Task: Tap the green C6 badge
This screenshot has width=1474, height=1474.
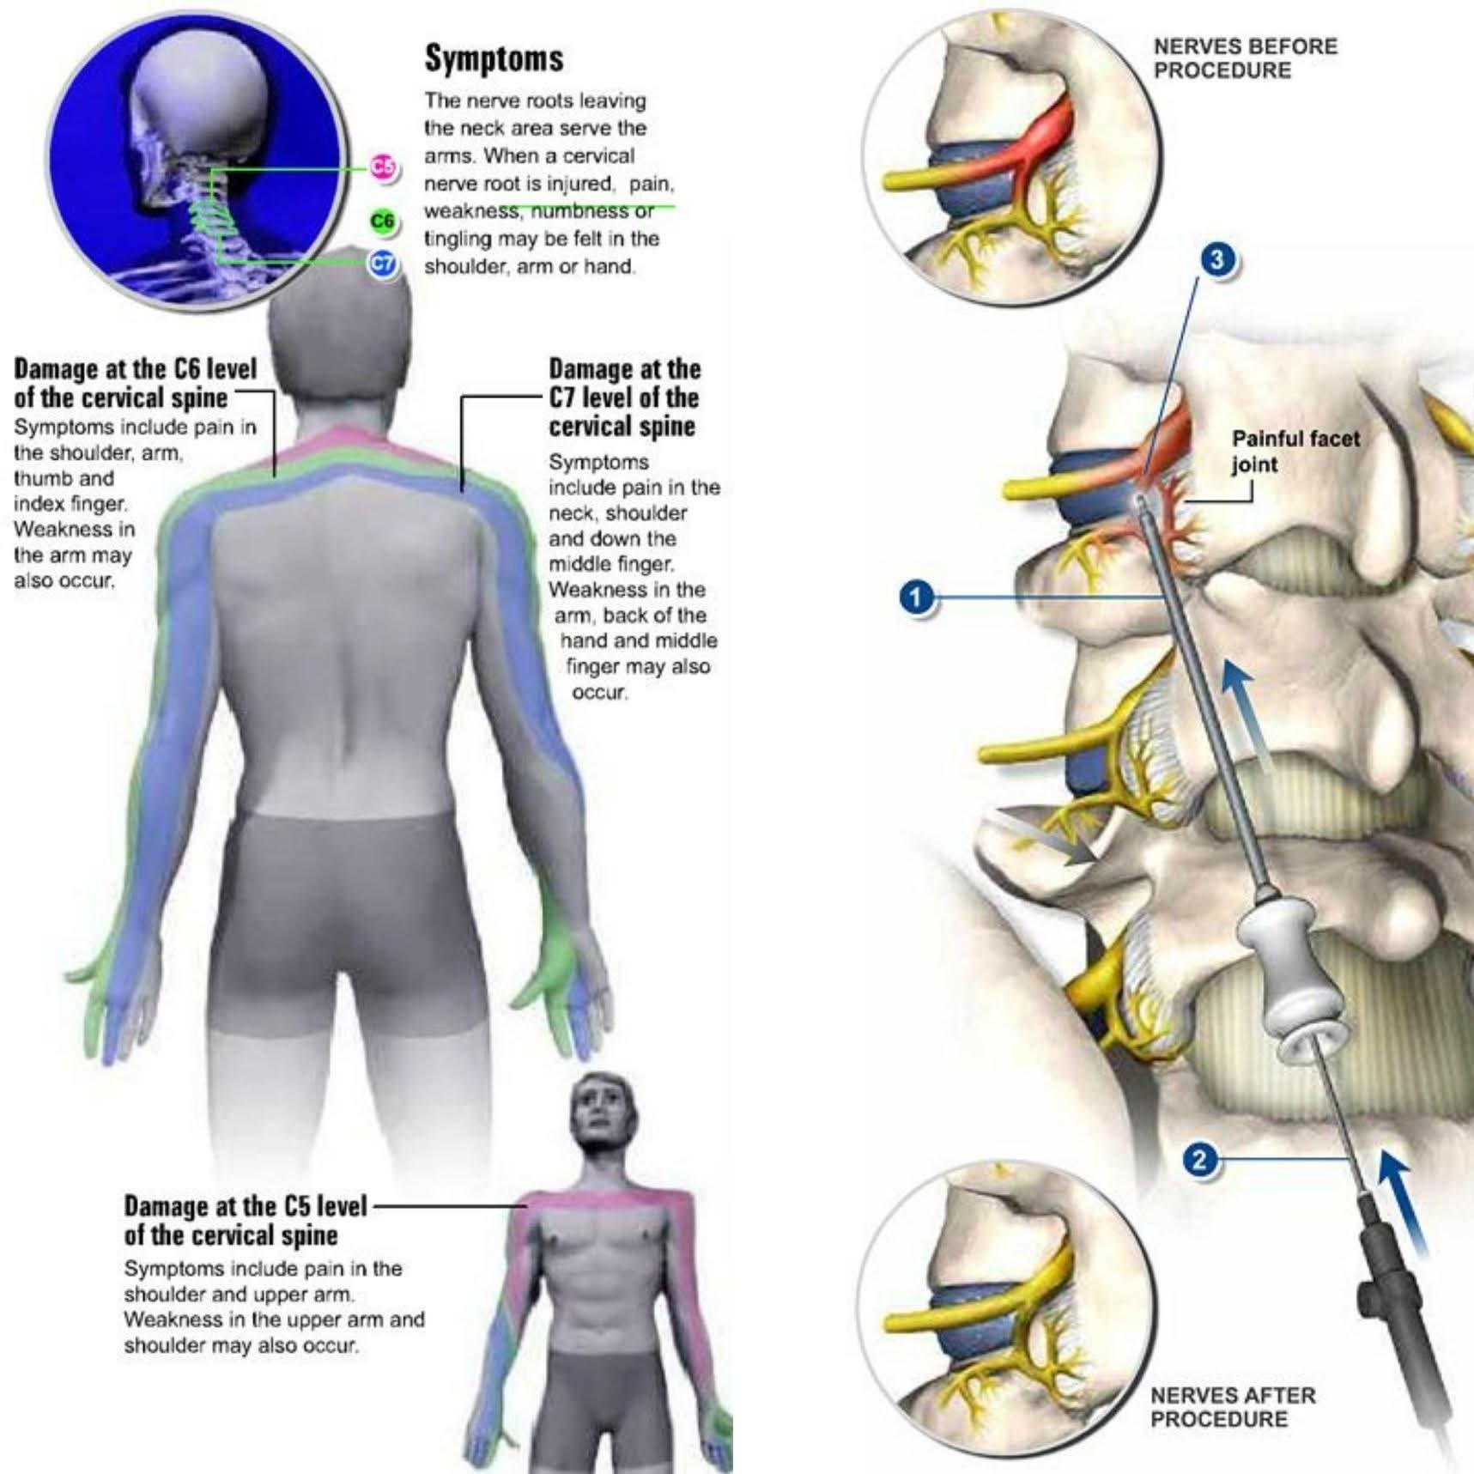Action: pyautogui.click(x=383, y=221)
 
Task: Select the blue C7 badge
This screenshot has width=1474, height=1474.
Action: pyautogui.click(x=383, y=263)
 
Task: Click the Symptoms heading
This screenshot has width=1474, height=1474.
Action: pyautogui.click(x=494, y=58)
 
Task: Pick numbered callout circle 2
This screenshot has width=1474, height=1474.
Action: pyautogui.click(x=1200, y=1161)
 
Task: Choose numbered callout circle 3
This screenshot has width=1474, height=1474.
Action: pyautogui.click(x=1217, y=259)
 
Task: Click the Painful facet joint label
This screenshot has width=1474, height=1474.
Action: pyautogui.click(x=1295, y=452)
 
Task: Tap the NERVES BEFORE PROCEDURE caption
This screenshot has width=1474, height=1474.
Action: pyautogui.click(x=1244, y=58)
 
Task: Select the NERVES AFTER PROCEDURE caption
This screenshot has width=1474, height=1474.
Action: pyautogui.click(x=1232, y=1408)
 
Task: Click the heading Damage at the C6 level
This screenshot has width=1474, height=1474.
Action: pyautogui.click(x=135, y=383)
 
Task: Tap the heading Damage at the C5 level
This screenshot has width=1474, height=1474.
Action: pyautogui.click(x=245, y=1220)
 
